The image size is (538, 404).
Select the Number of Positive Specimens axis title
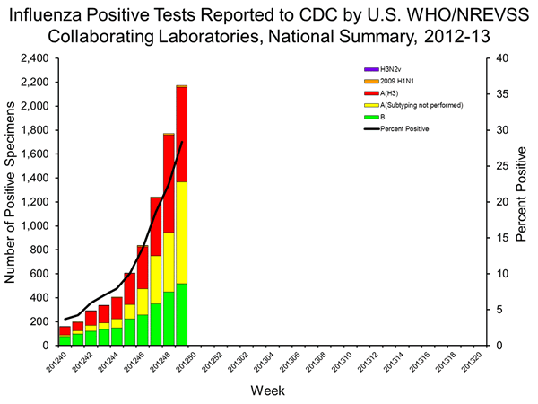coord(12,202)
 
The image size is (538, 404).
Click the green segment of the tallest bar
coord(181,314)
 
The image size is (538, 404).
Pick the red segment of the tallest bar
coord(181,135)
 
